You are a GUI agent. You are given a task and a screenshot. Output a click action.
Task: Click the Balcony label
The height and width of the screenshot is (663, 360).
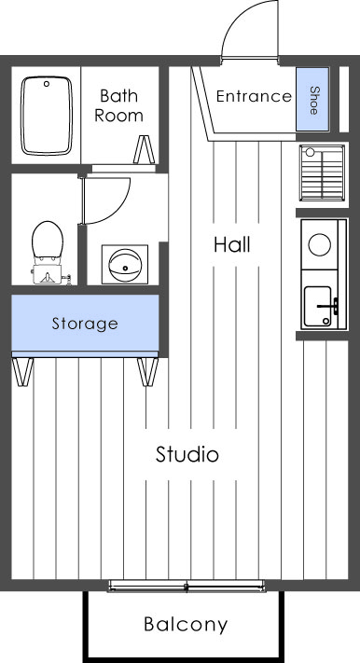[185, 625]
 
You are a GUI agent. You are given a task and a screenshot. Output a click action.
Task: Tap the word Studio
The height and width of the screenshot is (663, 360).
[187, 455]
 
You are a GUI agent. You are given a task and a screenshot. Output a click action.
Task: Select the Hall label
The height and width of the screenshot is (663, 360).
[231, 245]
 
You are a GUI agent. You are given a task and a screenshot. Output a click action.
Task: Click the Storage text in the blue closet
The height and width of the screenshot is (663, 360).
[84, 325]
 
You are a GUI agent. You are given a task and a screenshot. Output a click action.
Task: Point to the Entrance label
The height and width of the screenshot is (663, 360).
[254, 96]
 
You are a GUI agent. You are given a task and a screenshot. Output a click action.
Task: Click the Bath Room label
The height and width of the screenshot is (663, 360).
[119, 105]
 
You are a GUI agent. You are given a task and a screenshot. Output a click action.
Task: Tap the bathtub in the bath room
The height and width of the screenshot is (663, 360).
[47, 116]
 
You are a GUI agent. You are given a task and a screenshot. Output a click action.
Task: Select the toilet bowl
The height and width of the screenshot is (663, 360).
[44, 244]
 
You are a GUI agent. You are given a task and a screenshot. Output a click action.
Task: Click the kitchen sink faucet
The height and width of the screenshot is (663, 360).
[327, 304]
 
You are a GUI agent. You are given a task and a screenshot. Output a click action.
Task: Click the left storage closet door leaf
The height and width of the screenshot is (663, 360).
[24, 371]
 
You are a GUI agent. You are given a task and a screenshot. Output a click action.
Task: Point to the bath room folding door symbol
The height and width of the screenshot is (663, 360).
[145, 151]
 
